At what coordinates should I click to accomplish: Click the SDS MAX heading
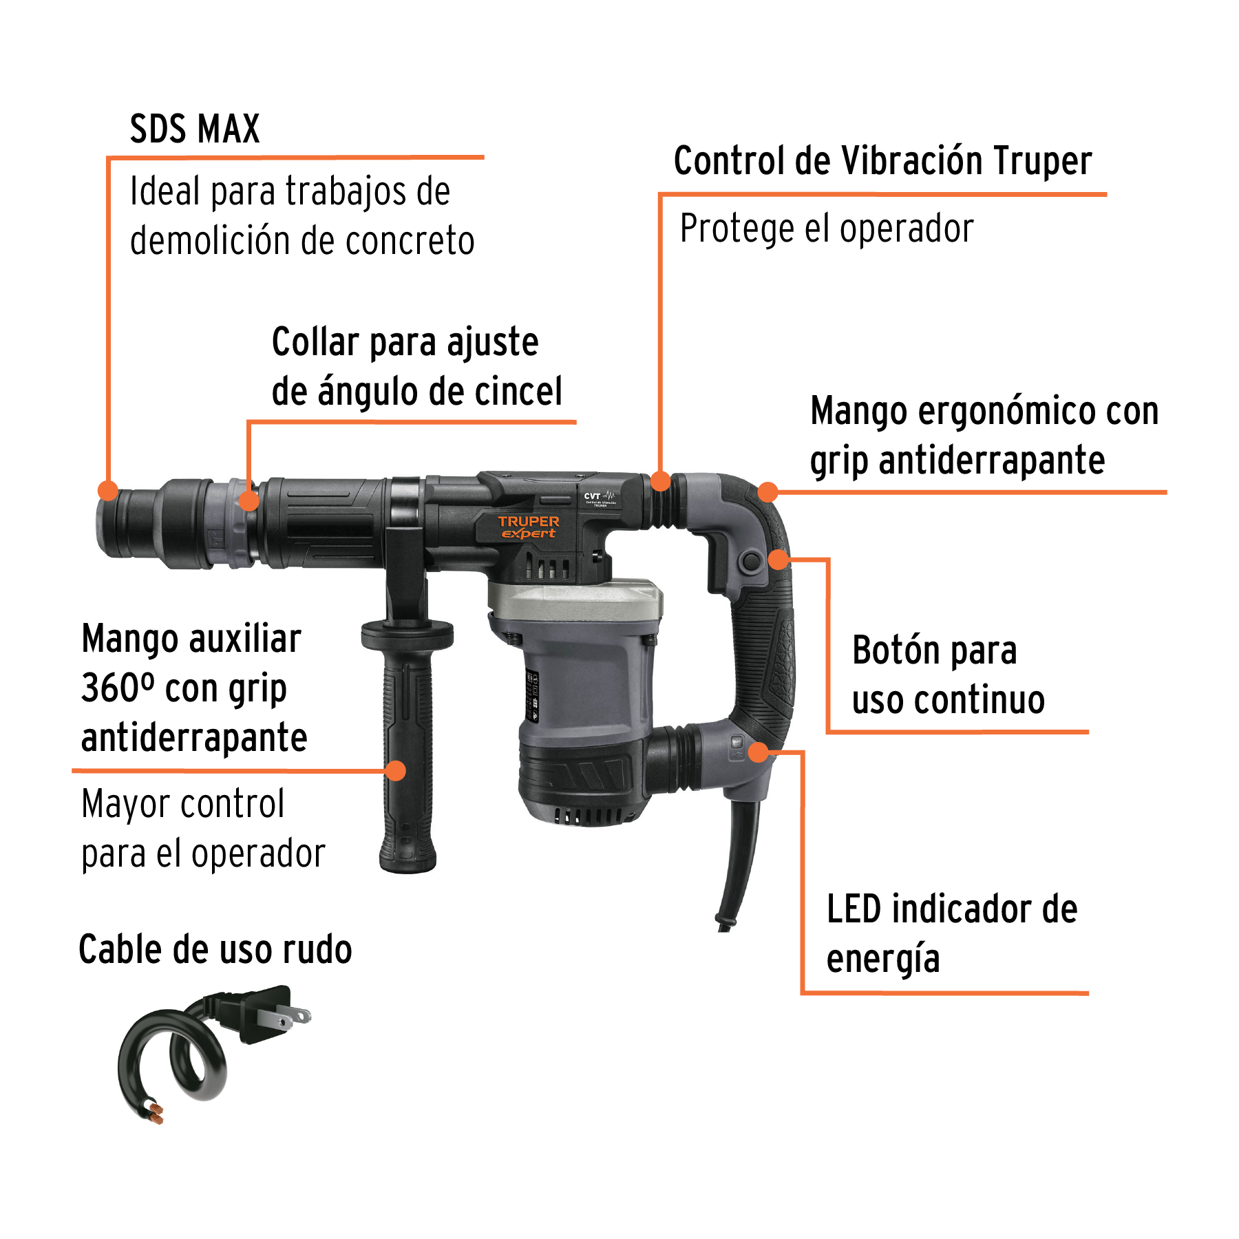195,129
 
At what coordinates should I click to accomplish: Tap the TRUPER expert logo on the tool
528,527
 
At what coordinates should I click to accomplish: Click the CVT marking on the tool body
593,496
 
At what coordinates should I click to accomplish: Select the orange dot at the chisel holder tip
108,491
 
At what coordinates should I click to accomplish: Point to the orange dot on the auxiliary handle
396,770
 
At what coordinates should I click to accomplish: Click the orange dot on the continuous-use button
779,559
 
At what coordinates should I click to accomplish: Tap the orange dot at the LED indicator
758,752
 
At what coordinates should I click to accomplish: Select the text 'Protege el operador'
827,229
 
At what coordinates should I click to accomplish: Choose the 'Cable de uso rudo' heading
215,950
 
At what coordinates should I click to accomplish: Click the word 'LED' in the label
854,909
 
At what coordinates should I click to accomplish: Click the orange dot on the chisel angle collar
249,500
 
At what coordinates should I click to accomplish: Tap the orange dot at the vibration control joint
660,481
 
